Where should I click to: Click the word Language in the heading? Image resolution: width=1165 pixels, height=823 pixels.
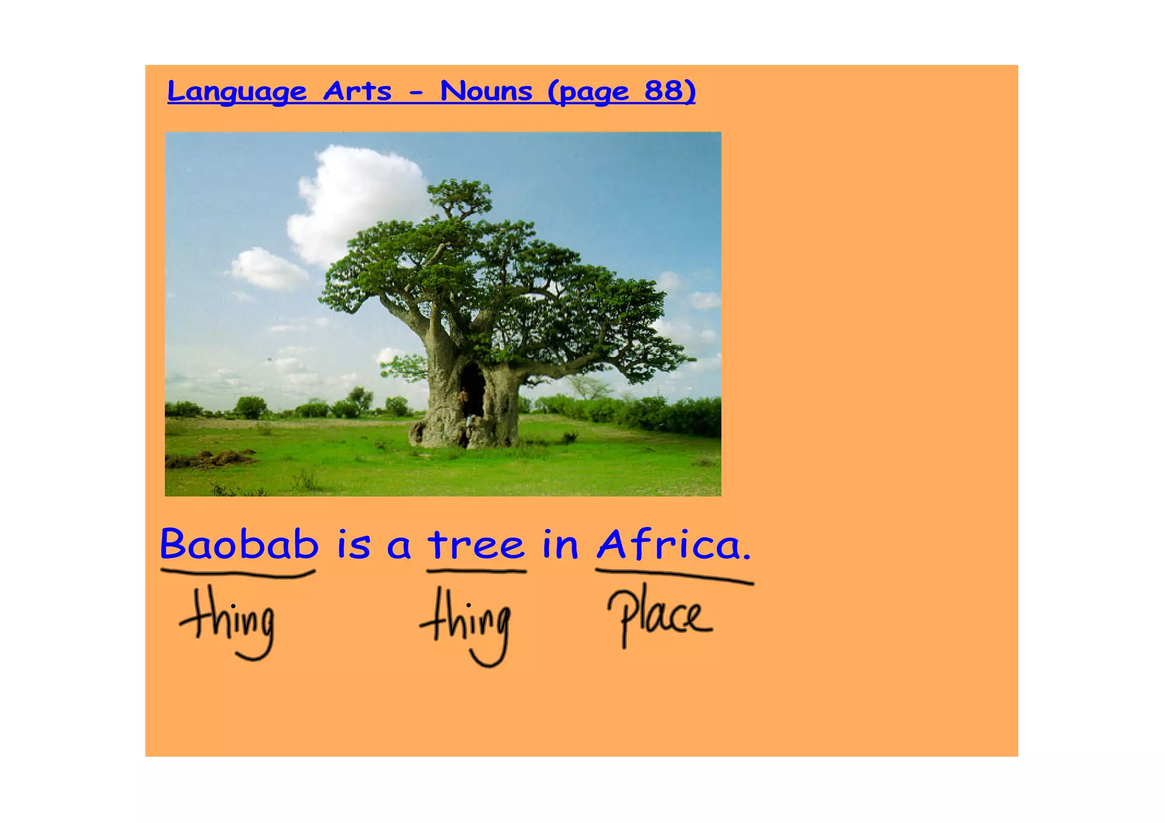tap(237, 92)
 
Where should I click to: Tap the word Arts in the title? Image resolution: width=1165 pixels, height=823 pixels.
tap(357, 91)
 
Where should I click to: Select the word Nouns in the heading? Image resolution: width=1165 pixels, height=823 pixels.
tap(486, 91)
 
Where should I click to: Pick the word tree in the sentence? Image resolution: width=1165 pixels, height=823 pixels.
tap(476, 544)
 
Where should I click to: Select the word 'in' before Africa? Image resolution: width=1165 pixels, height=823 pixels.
tap(560, 544)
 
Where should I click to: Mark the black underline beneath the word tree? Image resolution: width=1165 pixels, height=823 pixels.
tap(476, 571)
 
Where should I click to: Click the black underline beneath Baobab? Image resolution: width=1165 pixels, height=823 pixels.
tap(238, 573)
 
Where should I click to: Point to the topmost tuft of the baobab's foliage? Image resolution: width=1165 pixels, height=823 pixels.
tap(460, 193)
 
